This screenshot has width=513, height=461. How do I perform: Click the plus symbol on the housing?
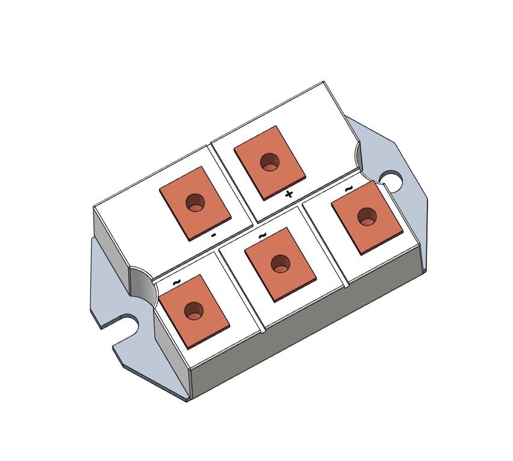pyautogui.click(x=288, y=195)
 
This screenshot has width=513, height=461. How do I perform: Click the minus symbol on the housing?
pyautogui.click(x=213, y=235)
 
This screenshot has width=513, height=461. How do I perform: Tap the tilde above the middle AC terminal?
pyautogui.click(x=263, y=236)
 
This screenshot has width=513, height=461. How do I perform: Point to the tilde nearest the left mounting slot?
pyautogui.click(x=176, y=282)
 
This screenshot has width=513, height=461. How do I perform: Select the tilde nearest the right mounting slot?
pyautogui.click(x=349, y=188)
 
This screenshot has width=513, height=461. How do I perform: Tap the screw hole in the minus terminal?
pyautogui.click(x=195, y=203)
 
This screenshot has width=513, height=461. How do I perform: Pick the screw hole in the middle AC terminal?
pyautogui.click(x=281, y=264)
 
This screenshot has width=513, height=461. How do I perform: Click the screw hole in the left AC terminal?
pyautogui.click(x=194, y=311)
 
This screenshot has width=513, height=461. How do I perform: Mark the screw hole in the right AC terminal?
pyautogui.click(x=367, y=217)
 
